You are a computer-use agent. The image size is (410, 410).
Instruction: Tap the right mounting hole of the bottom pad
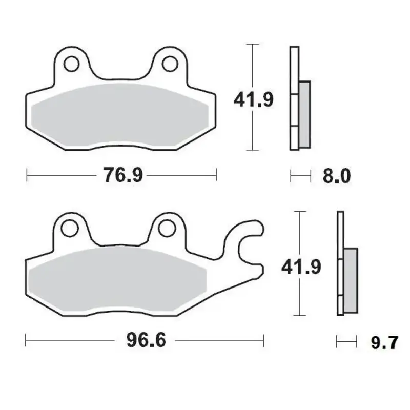click(x=166, y=227)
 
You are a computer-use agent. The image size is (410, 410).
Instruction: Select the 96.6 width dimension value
click(x=146, y=340)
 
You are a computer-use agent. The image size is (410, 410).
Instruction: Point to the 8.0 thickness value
click(x=336, y=176)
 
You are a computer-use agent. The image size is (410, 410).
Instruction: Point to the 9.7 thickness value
click(x=384, y=342)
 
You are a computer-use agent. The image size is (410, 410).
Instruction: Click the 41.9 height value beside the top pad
click(x=254, y=98)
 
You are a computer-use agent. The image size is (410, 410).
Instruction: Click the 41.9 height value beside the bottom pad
click(x=301, y=267)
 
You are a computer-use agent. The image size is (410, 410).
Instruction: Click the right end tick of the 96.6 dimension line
click(x=263, y=340)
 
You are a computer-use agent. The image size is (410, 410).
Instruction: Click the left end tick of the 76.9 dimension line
click(x=26, y=176)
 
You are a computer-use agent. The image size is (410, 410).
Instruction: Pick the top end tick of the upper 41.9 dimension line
click(x=251, y=45)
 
